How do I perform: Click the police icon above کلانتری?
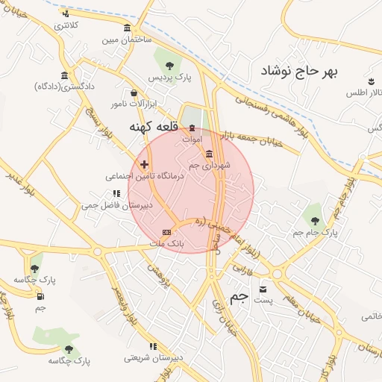click(x=66, y=14)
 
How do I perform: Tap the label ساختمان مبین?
click(x=127, y=38)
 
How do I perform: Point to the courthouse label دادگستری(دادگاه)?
click(x=65, y=87)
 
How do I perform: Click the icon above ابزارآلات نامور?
click(x=134, y=93)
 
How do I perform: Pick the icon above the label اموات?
click(x=193, y=128)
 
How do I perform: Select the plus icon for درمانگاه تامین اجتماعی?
click(x=144, y=164)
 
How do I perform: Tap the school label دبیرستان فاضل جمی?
click(x=117, y=203)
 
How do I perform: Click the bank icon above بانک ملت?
click(x=166, y=233)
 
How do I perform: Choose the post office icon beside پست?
click(x=262, y=289)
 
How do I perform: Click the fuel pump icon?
click(x=40, y=296)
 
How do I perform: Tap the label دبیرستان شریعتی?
click(x=154, y=357)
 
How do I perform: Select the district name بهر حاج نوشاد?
click(x=299, y=72)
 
